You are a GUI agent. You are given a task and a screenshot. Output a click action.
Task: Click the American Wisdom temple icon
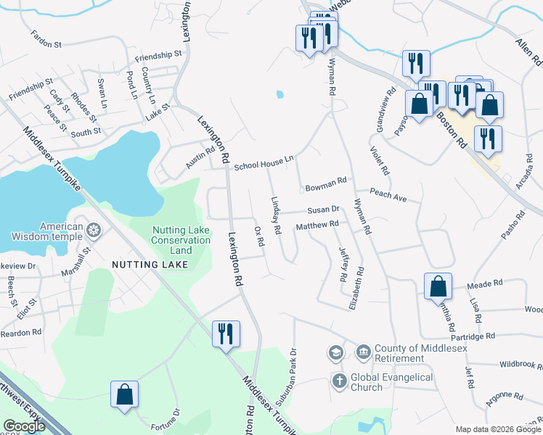94,231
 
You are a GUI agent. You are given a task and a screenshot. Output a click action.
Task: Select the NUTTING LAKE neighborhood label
150,265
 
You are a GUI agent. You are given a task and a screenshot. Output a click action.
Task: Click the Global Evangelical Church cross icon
339,380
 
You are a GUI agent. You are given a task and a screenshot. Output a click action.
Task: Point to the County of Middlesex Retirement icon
363,353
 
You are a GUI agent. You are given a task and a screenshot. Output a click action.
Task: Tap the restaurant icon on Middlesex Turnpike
226,334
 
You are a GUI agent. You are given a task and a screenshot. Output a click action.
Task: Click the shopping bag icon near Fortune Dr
125,395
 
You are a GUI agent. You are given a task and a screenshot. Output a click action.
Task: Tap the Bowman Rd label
326,183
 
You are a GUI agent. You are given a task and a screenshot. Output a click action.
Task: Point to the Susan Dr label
323,210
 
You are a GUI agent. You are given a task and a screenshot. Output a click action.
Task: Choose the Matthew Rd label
317,225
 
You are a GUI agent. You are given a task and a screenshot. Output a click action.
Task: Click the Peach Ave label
388,195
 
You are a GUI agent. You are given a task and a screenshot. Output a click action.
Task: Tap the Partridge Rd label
473,336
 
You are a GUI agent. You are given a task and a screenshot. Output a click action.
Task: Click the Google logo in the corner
25,426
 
